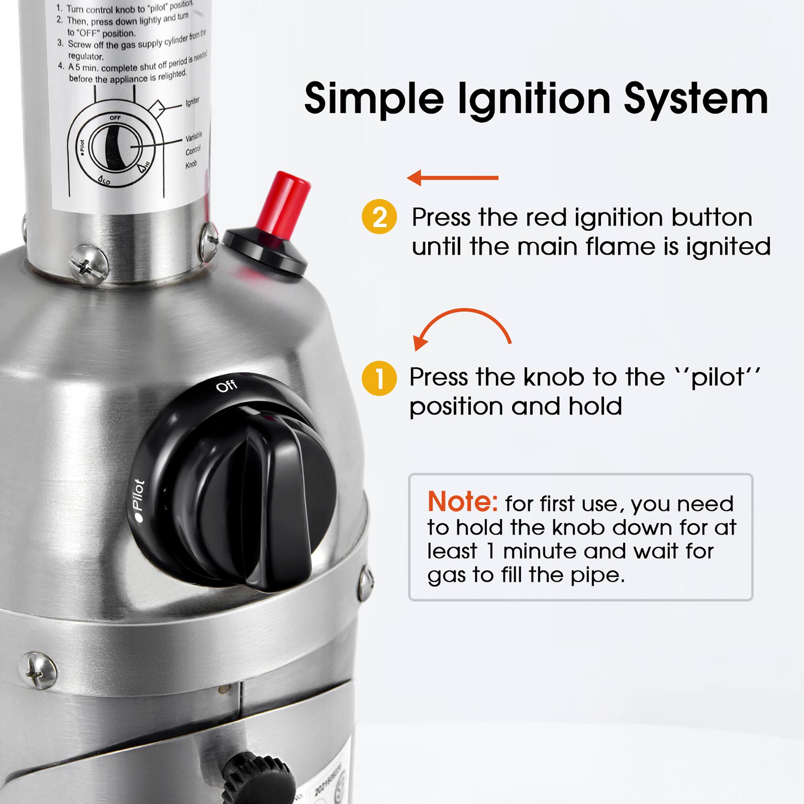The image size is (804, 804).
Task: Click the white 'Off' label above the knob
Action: click(227, 386)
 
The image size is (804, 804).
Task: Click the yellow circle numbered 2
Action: click(379, 217)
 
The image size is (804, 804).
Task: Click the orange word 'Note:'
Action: click(462, 502)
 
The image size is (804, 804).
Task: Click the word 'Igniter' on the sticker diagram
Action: click(192, 102)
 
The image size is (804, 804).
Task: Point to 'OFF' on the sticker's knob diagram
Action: click(115, 118)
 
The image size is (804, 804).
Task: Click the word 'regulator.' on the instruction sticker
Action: click(86, 56)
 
